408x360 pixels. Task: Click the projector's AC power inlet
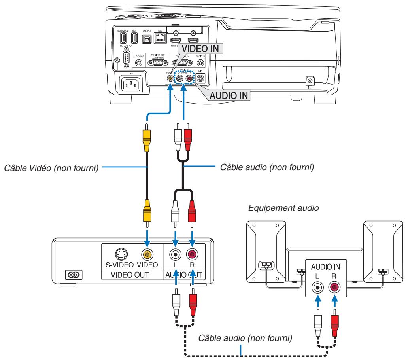click(x=131, y=83)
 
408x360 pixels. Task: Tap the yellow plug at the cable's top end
click(x=147, y=136)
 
